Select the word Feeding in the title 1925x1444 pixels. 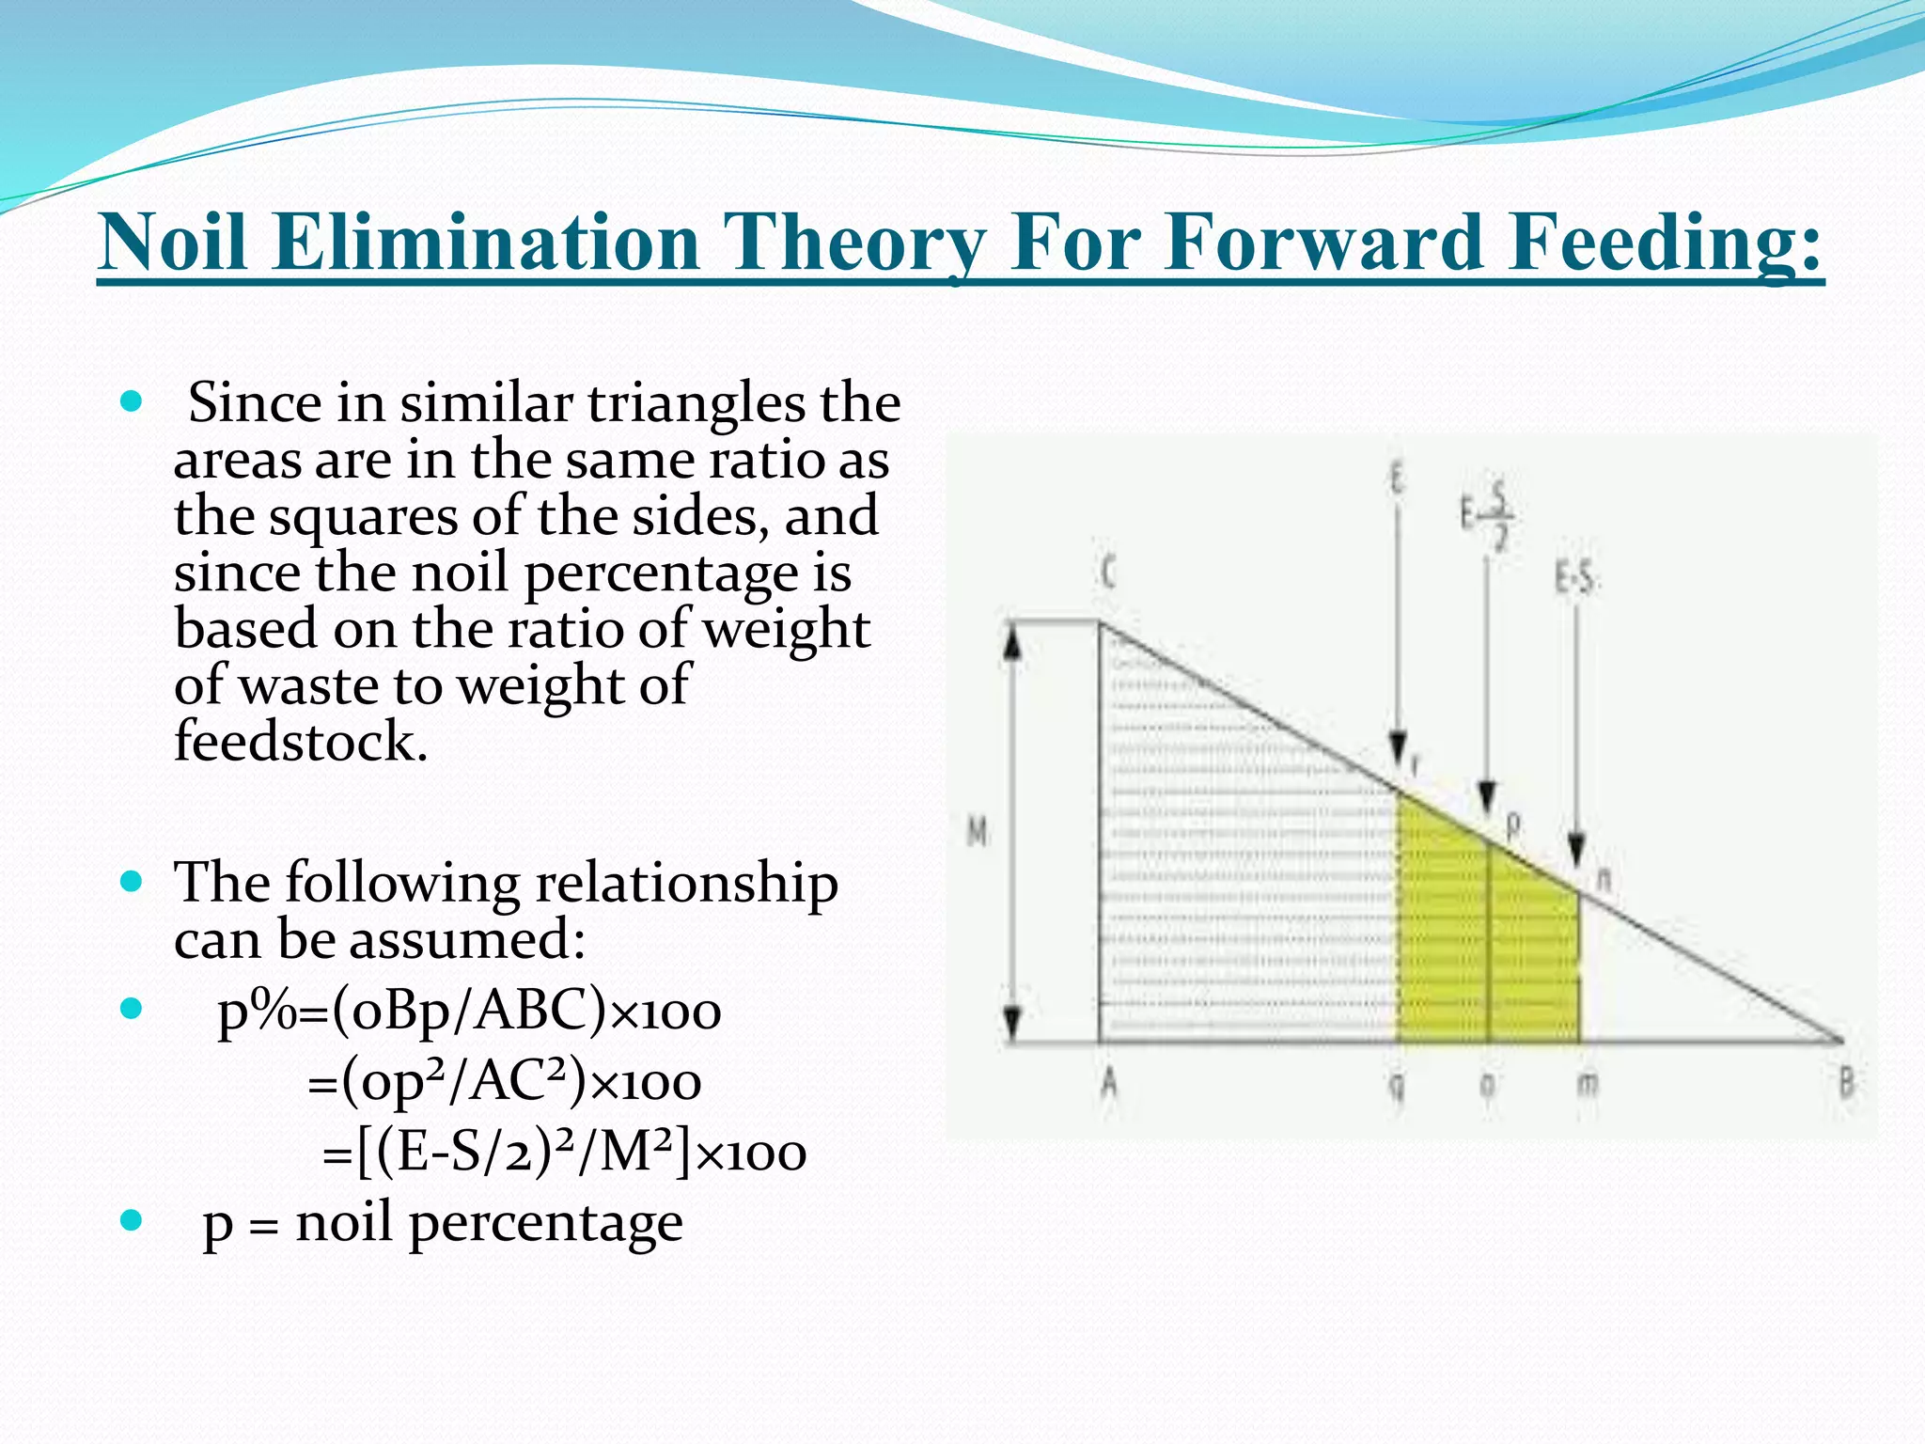coord(1665,242)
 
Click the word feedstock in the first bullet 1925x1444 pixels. coord(301,741)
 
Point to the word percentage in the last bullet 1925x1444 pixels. coord(545,1223)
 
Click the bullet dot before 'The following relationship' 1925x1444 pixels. coord(132,882)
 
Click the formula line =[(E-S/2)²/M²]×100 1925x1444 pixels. coord(564,1153)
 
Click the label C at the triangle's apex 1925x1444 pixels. coord(1108,572)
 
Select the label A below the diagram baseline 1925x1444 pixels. coord(1109,1084)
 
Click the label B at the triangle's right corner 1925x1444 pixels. coord(1846,1084)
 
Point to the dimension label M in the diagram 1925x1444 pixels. coord(978,831)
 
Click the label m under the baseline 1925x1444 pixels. coord(1587,1084)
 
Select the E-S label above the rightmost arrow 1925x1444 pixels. coord(1575,577)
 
